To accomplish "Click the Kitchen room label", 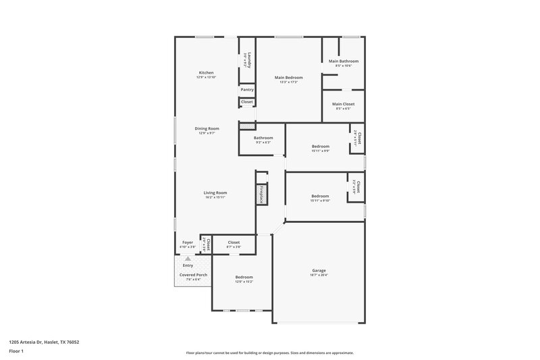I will point(206,73).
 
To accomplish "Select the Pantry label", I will point(247,89).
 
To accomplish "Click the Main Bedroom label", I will point(288,78).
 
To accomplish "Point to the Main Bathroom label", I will point(344,61).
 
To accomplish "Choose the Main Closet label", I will point(344,104).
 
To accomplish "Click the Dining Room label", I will point(207,128).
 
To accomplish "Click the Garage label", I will point(319,270).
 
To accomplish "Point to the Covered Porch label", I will point(193,276).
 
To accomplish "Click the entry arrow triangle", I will point(188,258).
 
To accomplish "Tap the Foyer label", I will point(188,242).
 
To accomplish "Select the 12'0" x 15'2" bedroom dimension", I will point(244,282).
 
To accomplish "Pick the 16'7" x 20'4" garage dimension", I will point(319,275).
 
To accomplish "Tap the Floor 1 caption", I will point(16,352).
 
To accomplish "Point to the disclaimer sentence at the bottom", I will point(269,353).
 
